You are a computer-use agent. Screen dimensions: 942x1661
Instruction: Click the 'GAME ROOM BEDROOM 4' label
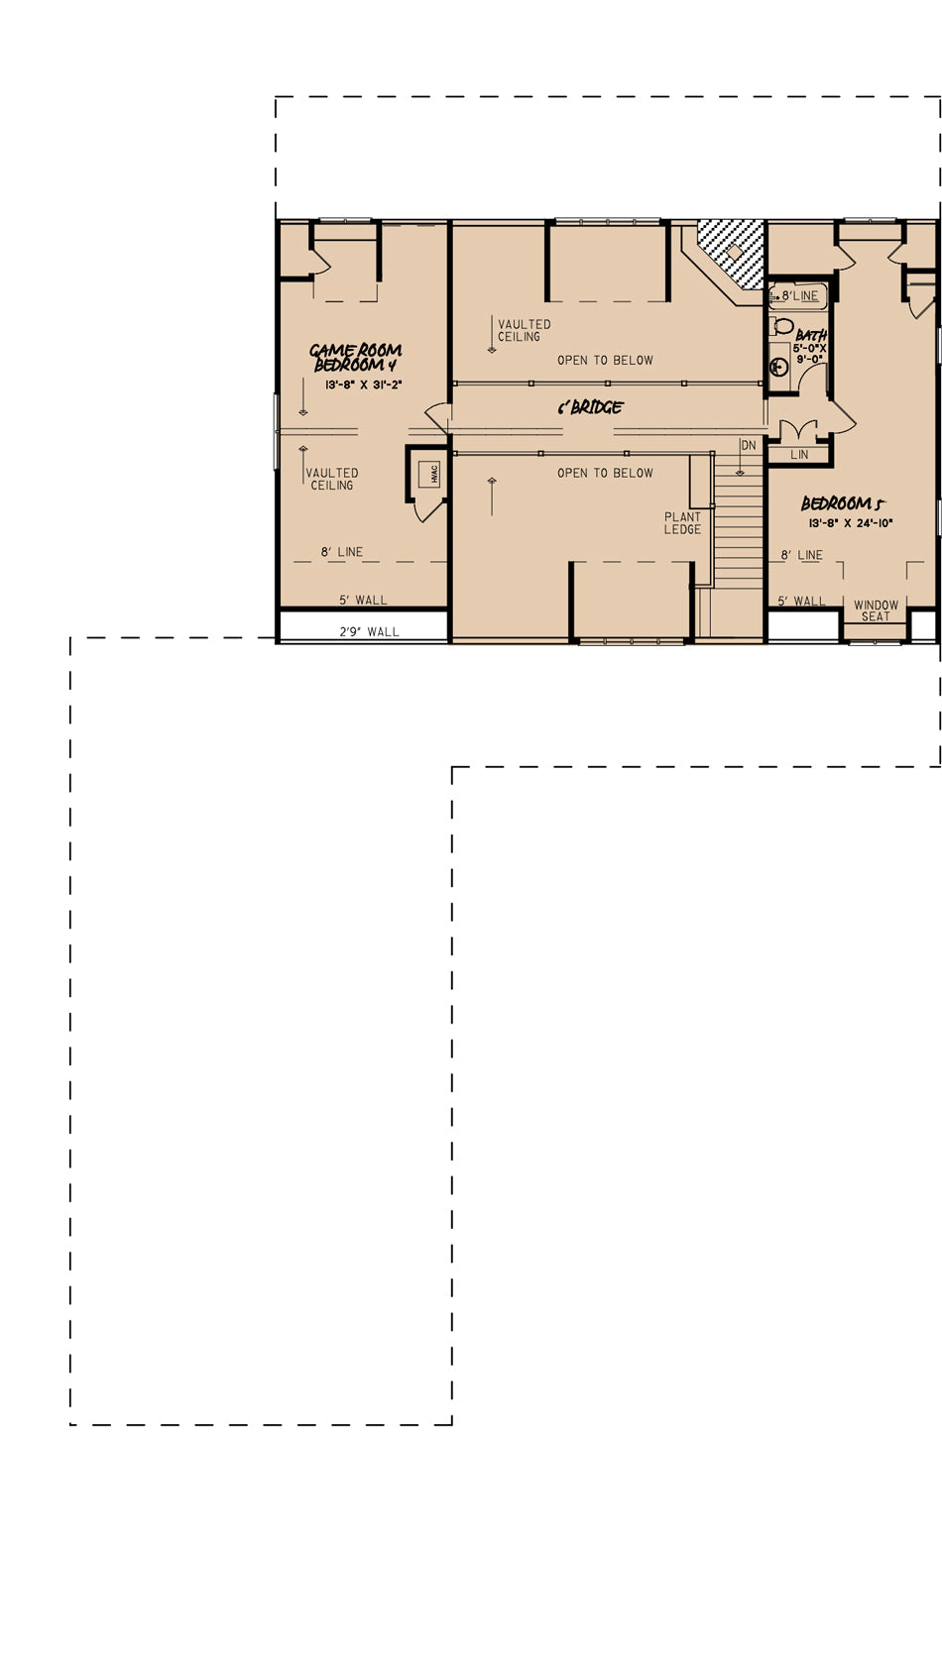(355, 357)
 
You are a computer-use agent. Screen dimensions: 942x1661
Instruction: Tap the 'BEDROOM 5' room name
(843, 503)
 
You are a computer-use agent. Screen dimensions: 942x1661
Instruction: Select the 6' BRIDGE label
(590, 407)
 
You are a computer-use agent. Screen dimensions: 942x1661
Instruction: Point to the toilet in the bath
(781, 325)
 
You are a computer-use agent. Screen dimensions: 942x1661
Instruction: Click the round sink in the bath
(778, 366)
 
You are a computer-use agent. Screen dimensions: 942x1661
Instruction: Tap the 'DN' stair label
(749, 446)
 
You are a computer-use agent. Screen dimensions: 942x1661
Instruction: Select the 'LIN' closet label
(799, 455)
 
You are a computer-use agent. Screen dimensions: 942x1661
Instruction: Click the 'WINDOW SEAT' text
(876, 610)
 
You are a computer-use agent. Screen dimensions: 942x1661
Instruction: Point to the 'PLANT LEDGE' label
(682, 522)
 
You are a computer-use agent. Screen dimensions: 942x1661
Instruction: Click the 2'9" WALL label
(370, 631)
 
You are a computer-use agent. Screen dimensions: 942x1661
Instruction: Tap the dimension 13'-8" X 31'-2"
(364, 385)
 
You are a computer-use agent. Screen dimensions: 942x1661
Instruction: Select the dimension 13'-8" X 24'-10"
(850, 522)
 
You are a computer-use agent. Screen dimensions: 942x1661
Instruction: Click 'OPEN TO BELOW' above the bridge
(605, 361)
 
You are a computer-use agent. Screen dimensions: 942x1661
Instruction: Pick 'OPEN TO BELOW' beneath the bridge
(605, 473)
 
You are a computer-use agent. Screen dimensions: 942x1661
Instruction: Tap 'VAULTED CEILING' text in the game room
(331, 479)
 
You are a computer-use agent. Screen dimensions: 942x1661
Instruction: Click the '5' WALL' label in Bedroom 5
(801, 602)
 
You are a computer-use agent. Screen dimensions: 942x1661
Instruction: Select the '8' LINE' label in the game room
(342, 552)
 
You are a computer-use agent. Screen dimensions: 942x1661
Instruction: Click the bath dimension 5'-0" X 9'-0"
(809, 353)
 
